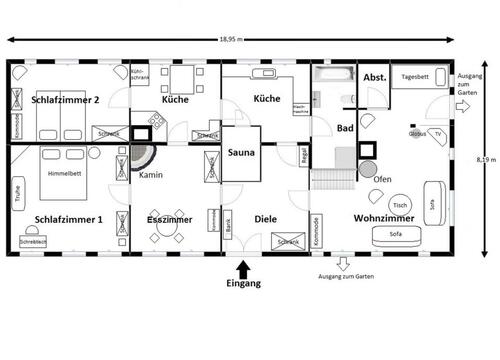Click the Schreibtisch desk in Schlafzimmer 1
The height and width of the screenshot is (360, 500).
33,242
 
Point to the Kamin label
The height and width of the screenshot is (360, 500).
151,175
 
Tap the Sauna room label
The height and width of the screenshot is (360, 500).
240,154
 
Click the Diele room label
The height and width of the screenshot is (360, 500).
265,217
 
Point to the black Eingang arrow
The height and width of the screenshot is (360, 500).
242,267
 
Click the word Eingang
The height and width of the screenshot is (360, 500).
242,284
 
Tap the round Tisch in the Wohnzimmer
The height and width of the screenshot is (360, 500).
400,205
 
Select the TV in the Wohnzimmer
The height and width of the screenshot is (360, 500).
436,130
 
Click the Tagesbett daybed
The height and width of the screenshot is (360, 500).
415,77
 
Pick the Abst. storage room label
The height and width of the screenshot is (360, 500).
375,77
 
